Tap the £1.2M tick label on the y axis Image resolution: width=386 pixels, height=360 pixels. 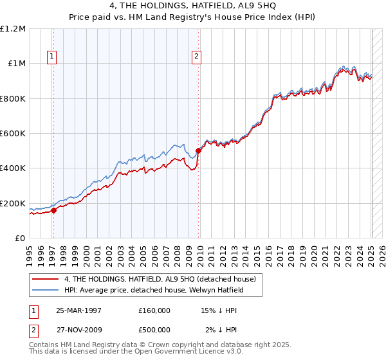tap(13, 29)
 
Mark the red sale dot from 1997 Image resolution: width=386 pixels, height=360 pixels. tap(54, 210)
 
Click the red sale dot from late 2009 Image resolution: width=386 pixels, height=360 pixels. tap(198, 151)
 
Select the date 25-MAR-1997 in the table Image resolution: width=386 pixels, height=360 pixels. tap(79, 310)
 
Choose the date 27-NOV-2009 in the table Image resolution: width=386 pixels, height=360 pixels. tap(79, 330)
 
